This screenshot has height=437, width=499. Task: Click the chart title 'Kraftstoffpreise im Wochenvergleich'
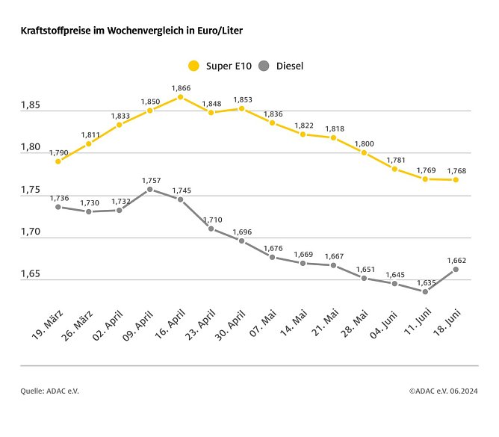point(131,31)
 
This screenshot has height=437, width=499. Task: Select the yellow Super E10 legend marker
point(193,66)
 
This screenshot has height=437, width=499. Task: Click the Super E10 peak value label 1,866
point(181,88)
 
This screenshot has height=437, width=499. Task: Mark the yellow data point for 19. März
point(58,161)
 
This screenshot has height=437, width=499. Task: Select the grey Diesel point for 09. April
point(150,190)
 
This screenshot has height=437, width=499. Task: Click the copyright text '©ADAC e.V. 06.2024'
point(444,390)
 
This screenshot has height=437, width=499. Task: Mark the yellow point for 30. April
point(241,108)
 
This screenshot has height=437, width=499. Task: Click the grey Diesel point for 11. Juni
point(425,291)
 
